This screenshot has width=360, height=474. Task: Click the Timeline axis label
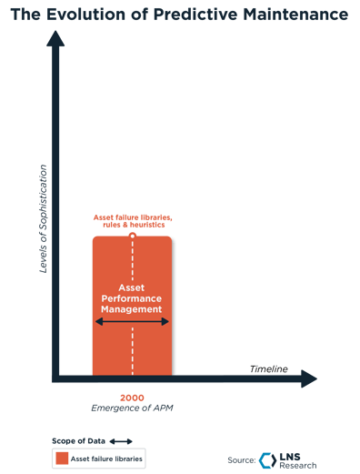[x=268, y=368]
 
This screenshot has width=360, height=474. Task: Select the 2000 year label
[x=132, y=397]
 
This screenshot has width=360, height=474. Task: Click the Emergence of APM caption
[x=132, y=408]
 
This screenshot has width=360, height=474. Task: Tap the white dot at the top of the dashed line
[x=133, y=236]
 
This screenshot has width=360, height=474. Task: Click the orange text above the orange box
[x=133, y=220]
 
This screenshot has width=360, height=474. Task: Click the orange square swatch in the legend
[x=60, y=459]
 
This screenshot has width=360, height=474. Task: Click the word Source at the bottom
[x=242, y=459]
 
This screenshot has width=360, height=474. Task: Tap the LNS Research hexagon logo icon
[x=265, y=459]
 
